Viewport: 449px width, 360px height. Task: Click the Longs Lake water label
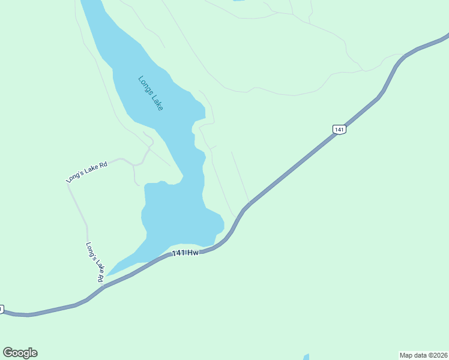pos(151,93)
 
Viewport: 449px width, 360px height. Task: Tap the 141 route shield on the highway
pos(339,129)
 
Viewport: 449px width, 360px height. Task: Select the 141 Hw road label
pos(185,253)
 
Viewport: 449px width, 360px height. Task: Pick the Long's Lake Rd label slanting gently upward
pos(86,172)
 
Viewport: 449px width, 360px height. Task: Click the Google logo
pos(20,353)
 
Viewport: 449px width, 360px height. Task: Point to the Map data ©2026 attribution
pos(423,355)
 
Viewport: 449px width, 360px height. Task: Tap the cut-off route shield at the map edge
pos(1,309)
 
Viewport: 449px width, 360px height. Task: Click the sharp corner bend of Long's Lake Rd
pos(68,184)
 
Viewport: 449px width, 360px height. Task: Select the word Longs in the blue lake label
pos(145,85)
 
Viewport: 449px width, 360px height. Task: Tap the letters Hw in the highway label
pos(193,253)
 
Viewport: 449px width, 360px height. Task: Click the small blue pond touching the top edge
pos(238,1)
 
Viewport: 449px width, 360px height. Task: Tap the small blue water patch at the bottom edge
pos(306,357)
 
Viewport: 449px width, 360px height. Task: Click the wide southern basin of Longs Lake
pos(177,216)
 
